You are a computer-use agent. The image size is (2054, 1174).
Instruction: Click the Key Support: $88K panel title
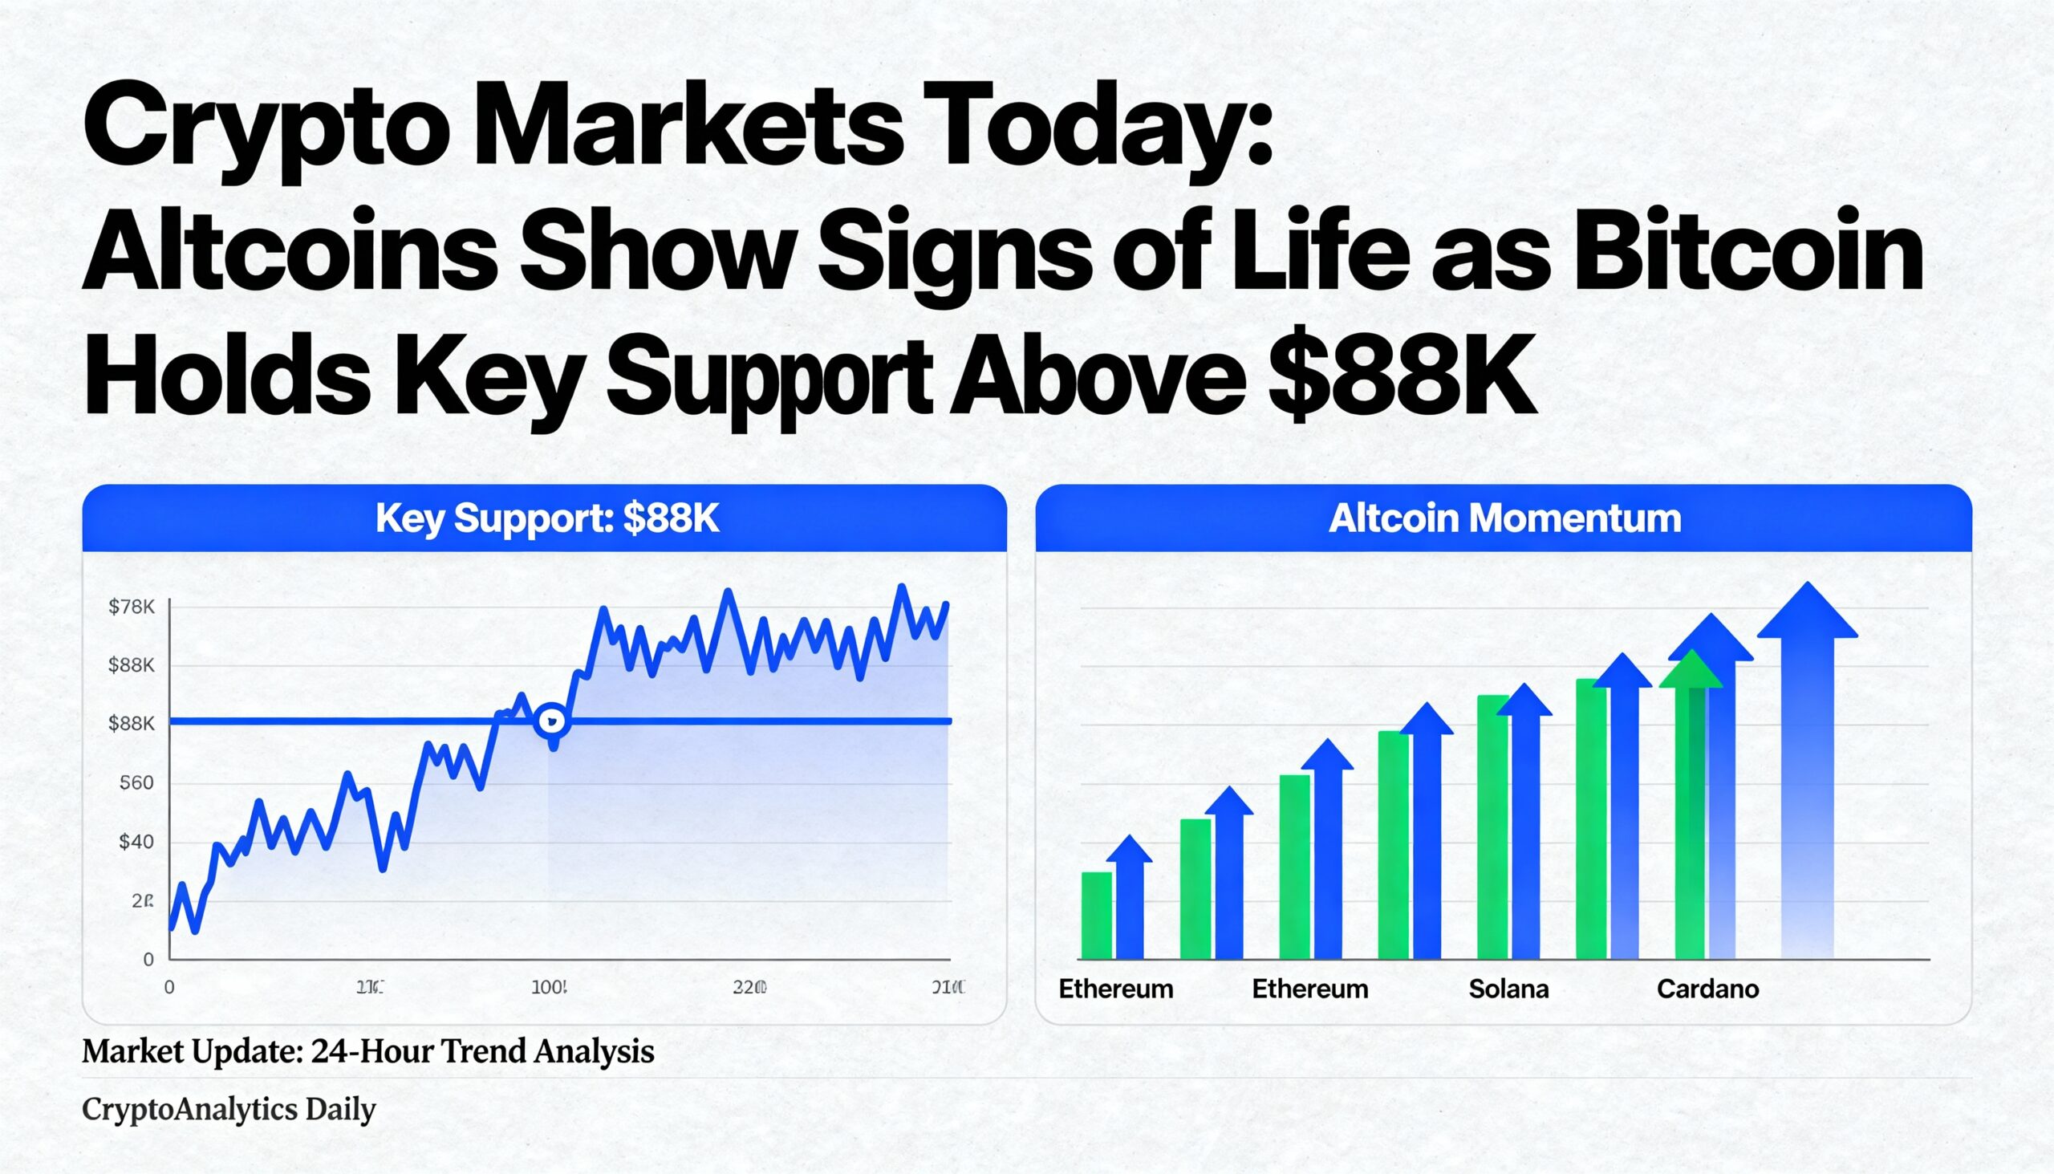[x=546, y=518]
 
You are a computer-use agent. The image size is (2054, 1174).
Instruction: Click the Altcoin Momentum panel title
[x=1504, y=518]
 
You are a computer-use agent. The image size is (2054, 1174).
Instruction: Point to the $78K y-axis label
[x=132, y=607]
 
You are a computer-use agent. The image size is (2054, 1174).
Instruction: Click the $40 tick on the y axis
[x=136, y=842]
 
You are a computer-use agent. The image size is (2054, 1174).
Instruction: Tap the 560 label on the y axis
[x=136, y=783]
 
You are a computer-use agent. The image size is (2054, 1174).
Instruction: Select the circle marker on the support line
[x=552, y=720]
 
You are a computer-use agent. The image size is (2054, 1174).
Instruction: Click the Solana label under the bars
[x=1508, y=989]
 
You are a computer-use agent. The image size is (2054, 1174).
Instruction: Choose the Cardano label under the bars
[x=1707, y=989]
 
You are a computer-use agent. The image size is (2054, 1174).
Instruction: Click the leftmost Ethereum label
[x=1116, y=989]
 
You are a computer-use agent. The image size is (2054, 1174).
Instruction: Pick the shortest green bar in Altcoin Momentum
[x=1096, y=915]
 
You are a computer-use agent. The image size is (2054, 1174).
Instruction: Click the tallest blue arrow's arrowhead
[x=1807, y=613]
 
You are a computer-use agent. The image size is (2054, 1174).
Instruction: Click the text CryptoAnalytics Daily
[x=229, y=1110]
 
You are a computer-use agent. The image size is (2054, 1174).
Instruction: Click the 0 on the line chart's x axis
[x=169, y=987]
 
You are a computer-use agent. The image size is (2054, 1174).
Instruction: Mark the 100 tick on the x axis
[x=549, y=987]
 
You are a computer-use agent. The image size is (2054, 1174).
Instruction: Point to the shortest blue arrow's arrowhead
[x=1129, y=851]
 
